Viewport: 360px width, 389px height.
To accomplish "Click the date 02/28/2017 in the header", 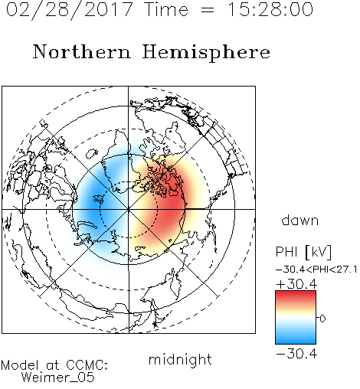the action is (69, 10).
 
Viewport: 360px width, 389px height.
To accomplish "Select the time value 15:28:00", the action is (270, 10).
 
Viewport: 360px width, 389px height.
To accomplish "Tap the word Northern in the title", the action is (82, 52).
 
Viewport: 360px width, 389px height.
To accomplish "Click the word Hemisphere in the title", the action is (206, 53).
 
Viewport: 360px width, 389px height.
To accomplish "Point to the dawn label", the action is (300, 220).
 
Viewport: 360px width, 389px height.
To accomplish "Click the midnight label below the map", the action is (180, 360).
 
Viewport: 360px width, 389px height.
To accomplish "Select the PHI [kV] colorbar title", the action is (303, 252).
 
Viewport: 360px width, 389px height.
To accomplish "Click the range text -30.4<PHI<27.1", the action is (316, 270).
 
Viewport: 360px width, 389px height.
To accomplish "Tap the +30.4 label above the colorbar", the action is (296, 284).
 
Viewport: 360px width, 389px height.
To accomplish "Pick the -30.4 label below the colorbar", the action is (296, 354).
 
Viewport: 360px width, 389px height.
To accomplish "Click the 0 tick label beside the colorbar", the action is (322, 319).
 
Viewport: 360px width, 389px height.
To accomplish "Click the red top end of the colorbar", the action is (296, 293).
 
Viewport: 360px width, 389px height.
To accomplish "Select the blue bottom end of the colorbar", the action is (296, 342).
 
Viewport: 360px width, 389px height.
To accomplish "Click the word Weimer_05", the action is (58, 378).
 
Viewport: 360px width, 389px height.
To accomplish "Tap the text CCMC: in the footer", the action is (87, 365).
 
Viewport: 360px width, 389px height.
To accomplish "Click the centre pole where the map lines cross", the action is (129, 209).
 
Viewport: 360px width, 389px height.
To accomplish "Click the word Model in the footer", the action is (20, 365).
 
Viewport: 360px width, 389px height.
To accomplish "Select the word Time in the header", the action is (166, 10).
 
